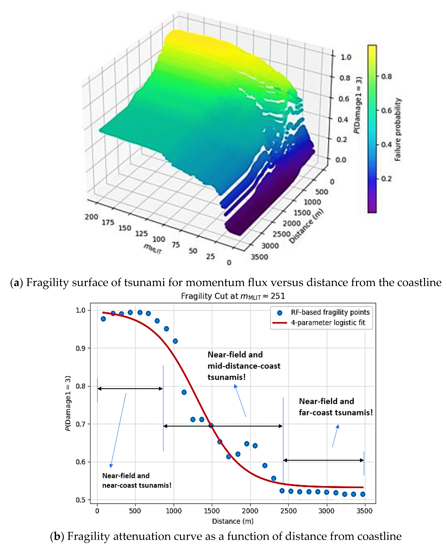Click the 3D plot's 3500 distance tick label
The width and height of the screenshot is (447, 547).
[x=259, y=257]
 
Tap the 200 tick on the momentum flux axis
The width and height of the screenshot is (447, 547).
[x=91, y=217]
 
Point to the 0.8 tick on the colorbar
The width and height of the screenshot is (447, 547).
[x=386, y=77]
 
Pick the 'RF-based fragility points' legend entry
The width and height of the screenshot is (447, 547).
[x=330, y=312]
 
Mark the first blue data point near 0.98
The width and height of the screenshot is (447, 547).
[x=103, y=319]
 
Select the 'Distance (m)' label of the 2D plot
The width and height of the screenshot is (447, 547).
[x=232, y=521]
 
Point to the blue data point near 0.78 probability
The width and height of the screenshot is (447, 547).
[x=184, y=392]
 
